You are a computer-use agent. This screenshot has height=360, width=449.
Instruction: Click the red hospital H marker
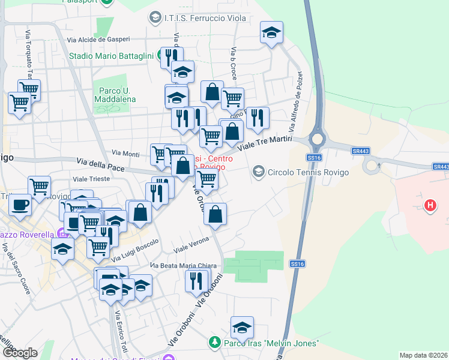point(430,206)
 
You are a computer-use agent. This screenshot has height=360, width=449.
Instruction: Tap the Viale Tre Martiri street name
point(265,143)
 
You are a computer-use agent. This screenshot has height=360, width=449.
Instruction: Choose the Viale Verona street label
point(191,245)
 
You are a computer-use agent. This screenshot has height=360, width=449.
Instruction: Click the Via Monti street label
point(122,154)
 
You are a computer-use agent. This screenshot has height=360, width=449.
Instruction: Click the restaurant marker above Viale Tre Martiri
point(258,117)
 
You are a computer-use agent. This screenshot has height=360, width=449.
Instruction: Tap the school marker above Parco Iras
point(242,327)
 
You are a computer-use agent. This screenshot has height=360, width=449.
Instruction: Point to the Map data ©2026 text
point(423,355)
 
